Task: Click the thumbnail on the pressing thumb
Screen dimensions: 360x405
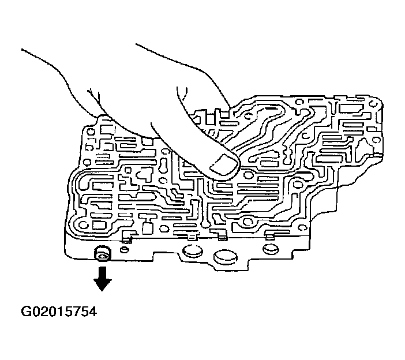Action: click(x=224, y=166)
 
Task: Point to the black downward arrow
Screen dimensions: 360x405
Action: click(x=104, y=280)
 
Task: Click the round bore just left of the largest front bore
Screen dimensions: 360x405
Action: click(x=190, y=252)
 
